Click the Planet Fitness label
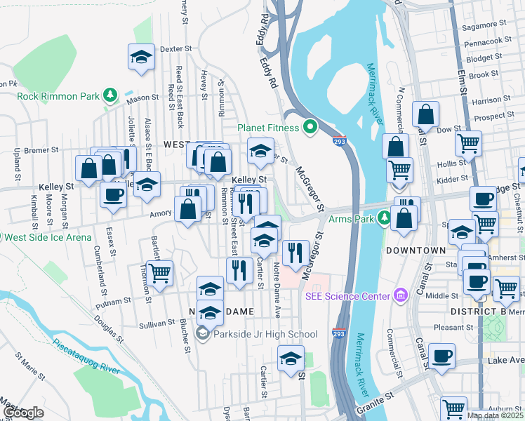268,128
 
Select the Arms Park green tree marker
384,217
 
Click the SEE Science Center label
347,295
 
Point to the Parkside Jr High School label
265,334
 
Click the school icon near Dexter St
141,56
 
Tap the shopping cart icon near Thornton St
160,272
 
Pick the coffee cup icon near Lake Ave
441,355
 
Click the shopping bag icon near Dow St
425,114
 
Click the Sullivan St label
157,323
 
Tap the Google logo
23,413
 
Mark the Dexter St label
175,50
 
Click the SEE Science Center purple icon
400,295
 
